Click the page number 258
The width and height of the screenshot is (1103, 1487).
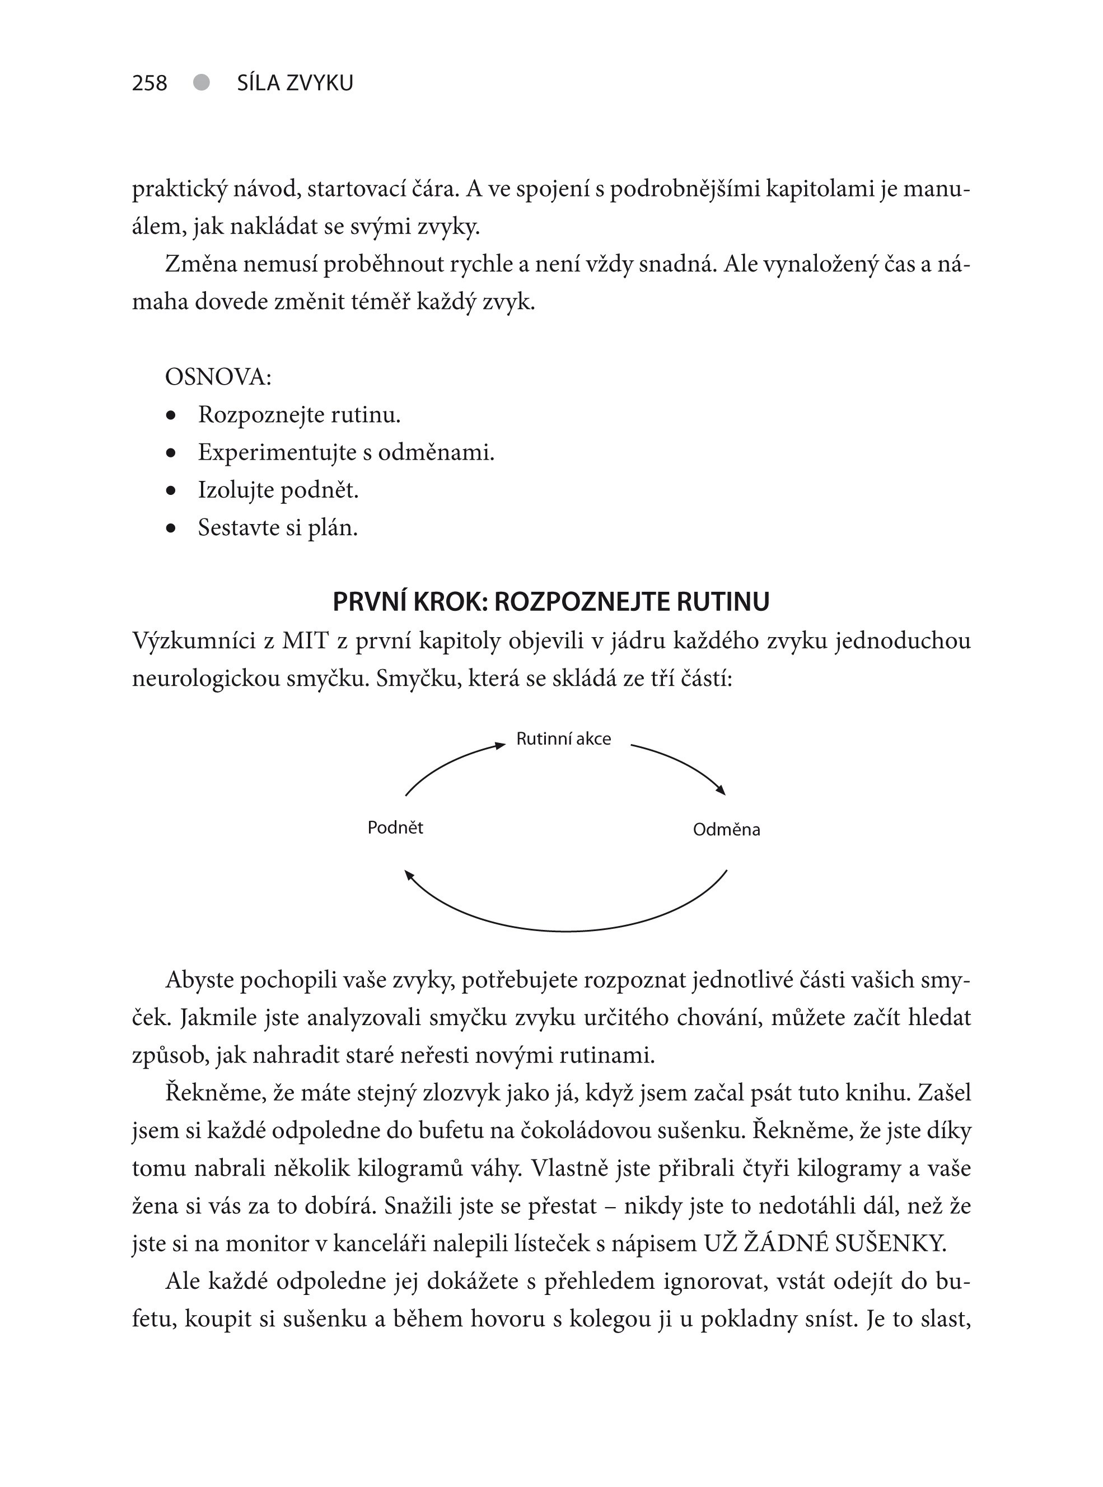149,83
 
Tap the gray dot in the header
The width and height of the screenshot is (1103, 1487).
201,82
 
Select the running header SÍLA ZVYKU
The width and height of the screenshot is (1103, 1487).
295,83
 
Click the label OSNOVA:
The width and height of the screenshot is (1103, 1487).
218,377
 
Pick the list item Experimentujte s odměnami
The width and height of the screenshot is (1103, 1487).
346,453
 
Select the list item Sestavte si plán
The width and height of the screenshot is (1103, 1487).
278,528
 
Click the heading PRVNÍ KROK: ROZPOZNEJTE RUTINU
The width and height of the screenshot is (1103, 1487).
551,602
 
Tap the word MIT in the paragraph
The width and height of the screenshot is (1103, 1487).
305,641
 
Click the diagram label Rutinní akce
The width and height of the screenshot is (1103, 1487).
563,738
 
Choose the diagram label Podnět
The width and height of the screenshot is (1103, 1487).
395,828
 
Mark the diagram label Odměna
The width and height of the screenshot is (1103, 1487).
726,830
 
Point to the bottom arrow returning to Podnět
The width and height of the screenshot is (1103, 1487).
566,929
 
